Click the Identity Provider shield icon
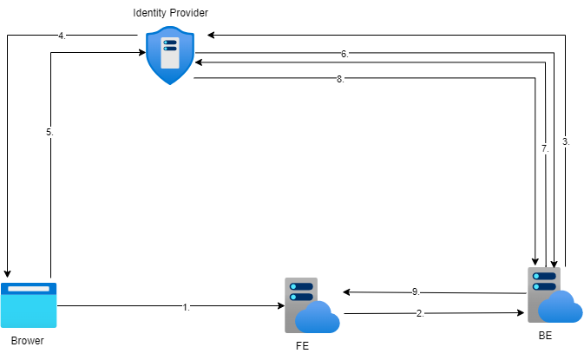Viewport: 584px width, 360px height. coord(169,55)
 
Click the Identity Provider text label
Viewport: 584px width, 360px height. coord(170,13)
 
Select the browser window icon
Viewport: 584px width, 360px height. coord(29,304)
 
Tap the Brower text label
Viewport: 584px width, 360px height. coord(28,341)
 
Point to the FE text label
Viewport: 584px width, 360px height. coord(303,345)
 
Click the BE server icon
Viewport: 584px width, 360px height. coord(553,294)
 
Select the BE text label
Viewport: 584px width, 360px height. coord(545,334)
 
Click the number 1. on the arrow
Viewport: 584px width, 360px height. coord(187,306)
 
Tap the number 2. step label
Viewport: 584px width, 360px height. coord(421,313)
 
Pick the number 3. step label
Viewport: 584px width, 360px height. coord(566,141)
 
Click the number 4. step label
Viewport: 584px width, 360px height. coord(62,36)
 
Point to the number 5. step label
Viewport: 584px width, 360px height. coord(50,132)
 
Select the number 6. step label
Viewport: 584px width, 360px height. coord(344,54)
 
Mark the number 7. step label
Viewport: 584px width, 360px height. coord(545,149)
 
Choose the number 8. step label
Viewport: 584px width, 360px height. coord(341,79)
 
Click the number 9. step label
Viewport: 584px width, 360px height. coord(416,291)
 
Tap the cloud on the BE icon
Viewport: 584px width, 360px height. coord(561,306)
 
